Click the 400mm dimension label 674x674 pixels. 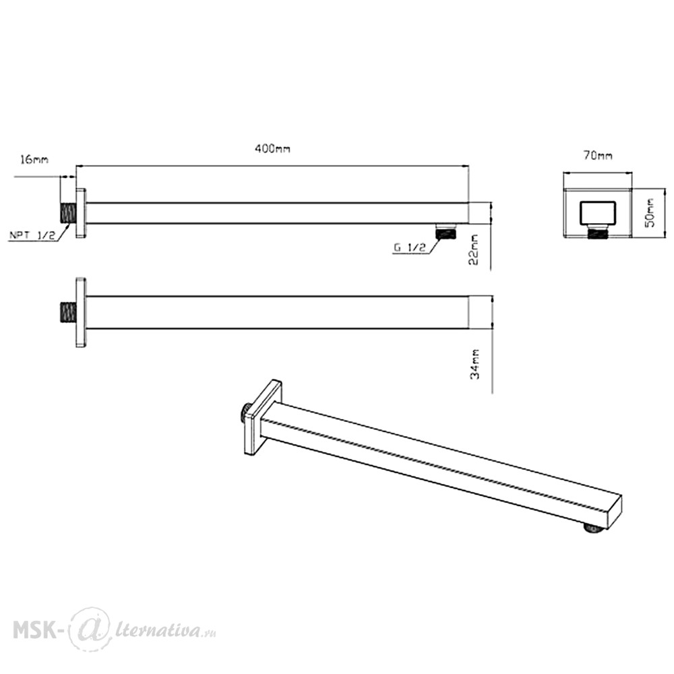pyautogui.click(x=272, y=149)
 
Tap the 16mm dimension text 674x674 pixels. pyautogui.click(x=34, y=160)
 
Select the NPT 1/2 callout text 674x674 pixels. pyautogui.click(x=32, y=235)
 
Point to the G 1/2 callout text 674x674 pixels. pyautogui.click(x=410, y=247)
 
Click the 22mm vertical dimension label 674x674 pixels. pyautogui.click(x=473, y=250)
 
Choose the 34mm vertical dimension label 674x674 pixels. pyautogui.click(x=474, y=364)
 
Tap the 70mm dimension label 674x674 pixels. pyautogui.click(x=598, y=155)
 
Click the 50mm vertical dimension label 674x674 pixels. pyautogui.click(x=650, y=212)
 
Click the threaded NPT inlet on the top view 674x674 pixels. pyautogui.click(x=68, y=213)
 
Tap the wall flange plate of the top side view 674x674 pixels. pyautogui.click(x=81, y=213)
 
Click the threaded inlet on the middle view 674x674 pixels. pyautogui.click(x=68, y=313)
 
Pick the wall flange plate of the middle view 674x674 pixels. pyautogui.click(x=81, y=313)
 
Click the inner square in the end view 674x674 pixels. pyautogui.click(x=597, y=213)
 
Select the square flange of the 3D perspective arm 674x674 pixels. pyautogui.click(x=263, y=417)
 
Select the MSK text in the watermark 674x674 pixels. pyautogui.click(x=34, y=630)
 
